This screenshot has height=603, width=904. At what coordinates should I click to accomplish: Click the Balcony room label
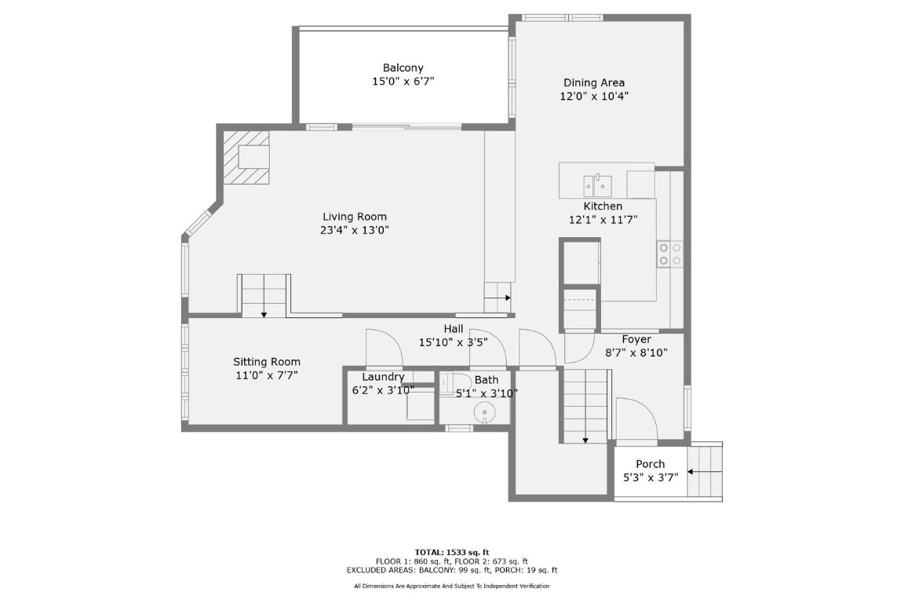(x=403, y=68)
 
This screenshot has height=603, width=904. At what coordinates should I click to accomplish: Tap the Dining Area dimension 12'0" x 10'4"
(x=594, y=97)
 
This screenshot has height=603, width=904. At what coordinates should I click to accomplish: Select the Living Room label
(x=355, y=217)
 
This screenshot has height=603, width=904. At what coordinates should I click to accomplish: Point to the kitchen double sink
(x=597, y=185)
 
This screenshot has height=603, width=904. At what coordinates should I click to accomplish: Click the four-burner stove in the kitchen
(x=669, y=254)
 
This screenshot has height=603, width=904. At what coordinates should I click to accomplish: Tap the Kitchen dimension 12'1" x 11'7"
(x=603, y=221)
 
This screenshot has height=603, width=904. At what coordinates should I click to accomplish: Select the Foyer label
(x=636, y=339)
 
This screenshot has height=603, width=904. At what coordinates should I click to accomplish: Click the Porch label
(x=650, y=464)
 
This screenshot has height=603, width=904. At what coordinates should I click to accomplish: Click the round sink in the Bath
(x=487, y=411)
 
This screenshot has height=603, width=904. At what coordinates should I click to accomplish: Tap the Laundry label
(x=383, y=377)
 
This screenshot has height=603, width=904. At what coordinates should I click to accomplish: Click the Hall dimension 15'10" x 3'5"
(x=453, y=342)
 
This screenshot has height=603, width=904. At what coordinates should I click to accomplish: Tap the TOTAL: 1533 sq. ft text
(x=451, y=552)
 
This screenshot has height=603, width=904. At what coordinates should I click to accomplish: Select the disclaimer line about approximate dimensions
(x=451, y=586)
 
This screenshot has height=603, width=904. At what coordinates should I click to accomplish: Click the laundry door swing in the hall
(x=383, y=348)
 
